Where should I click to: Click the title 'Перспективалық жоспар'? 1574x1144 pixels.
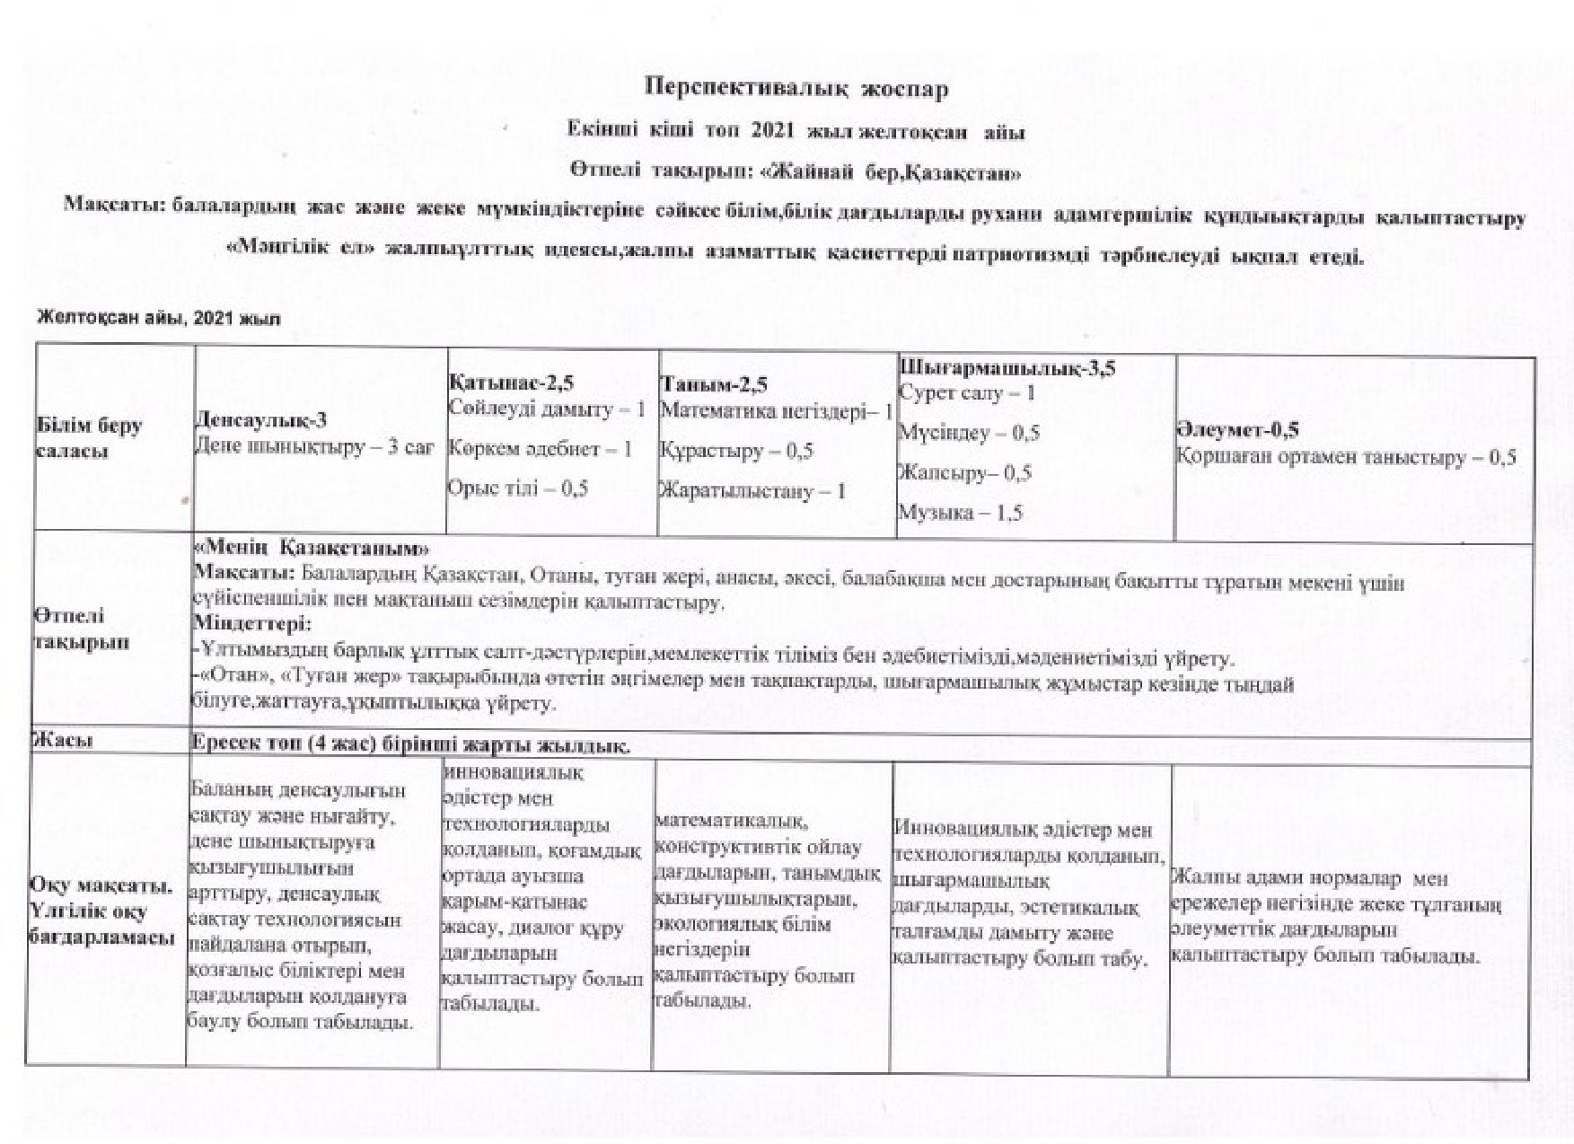(x=796, y=89)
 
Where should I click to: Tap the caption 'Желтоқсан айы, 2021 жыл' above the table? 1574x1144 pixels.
(x=158, y=319)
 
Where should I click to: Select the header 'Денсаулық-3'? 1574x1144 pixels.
(x=260, y=421)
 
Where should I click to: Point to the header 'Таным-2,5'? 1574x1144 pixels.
(x=713, y=385)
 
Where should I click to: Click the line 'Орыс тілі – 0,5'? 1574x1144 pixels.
(x=517, y=488)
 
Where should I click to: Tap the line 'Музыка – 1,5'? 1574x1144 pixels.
(x=960, y=513)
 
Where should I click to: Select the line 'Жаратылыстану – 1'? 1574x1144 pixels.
(x=752, y=491)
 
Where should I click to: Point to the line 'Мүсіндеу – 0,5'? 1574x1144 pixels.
(x=969, y=433)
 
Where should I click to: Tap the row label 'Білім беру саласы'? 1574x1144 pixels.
(x=87, y=438)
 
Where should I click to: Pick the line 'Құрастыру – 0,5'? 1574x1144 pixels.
(x=736, y=451)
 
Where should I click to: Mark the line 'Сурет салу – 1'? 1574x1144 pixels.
(x=966, y=392)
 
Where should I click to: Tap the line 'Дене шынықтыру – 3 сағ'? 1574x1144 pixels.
(x=314, y=446)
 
